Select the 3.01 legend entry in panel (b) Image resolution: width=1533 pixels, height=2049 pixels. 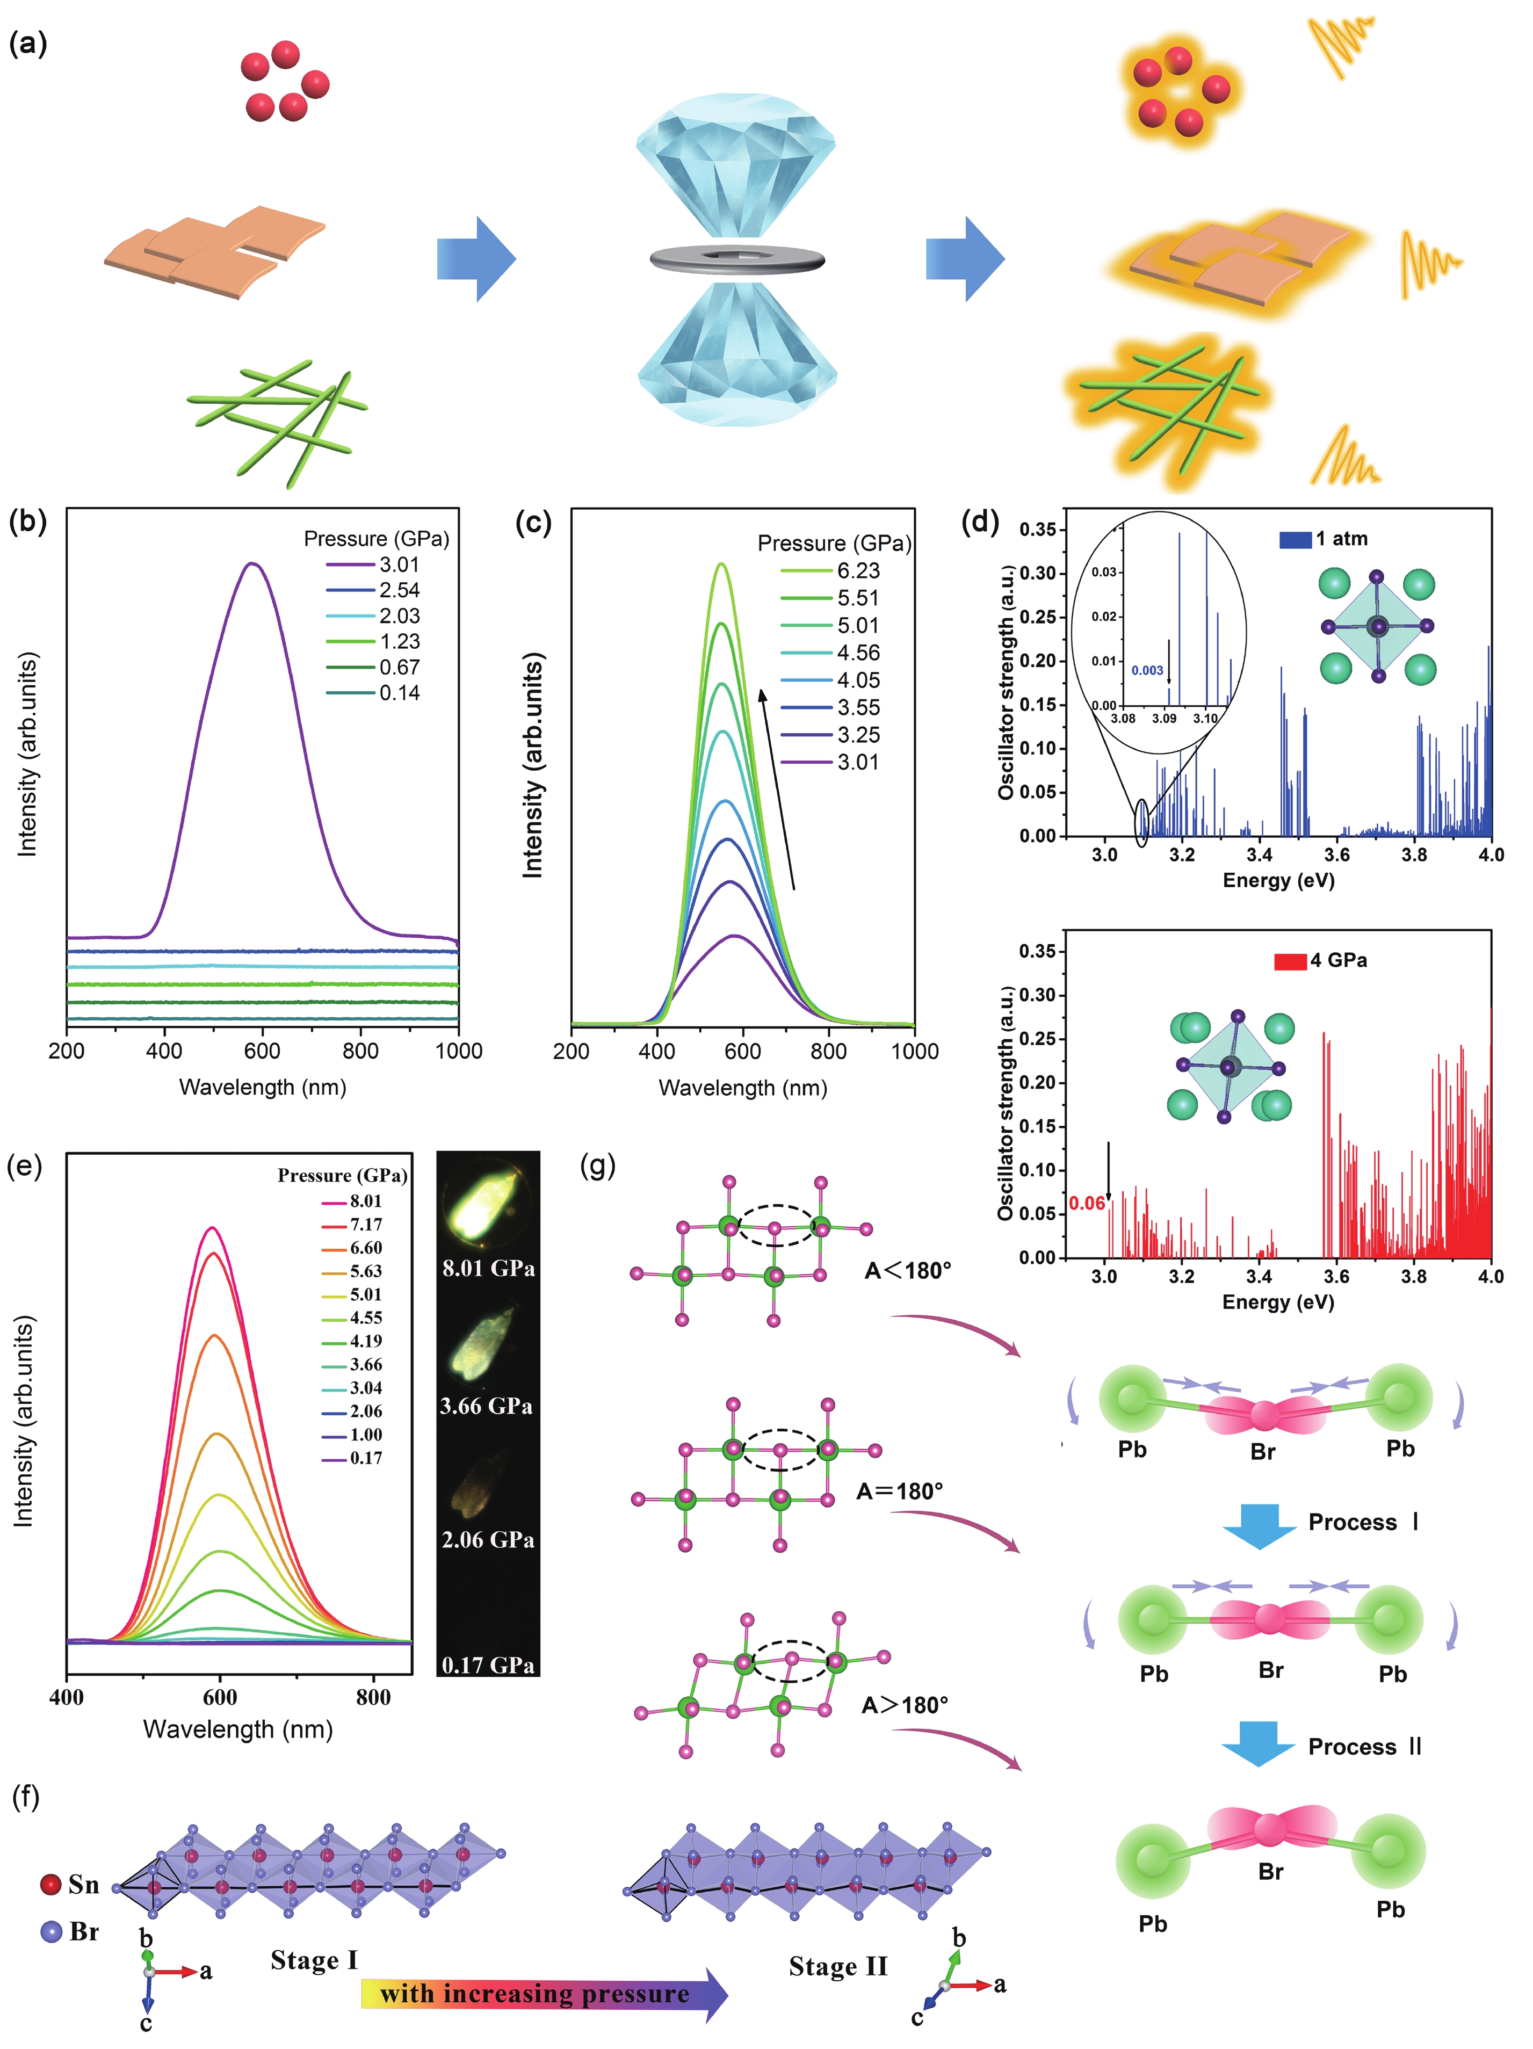tap(399, 564)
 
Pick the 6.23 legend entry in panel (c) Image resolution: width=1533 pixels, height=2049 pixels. tap(858, 570)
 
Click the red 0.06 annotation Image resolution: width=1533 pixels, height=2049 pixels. tap(1087, 1203)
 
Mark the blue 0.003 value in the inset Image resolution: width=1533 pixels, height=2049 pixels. tap(1147, 670)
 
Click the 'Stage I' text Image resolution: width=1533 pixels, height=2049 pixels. tap(313, 1959)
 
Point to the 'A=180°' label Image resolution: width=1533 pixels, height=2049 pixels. tap(899, 1490)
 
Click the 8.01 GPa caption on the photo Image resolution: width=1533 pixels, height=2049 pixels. tap(488, 1268)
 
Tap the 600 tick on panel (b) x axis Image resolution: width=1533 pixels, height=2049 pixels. tap(262, 1051)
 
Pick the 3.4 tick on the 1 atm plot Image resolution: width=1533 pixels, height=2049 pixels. tap(1259, 854)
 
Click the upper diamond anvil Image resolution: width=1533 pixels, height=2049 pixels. tap(736, 166)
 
